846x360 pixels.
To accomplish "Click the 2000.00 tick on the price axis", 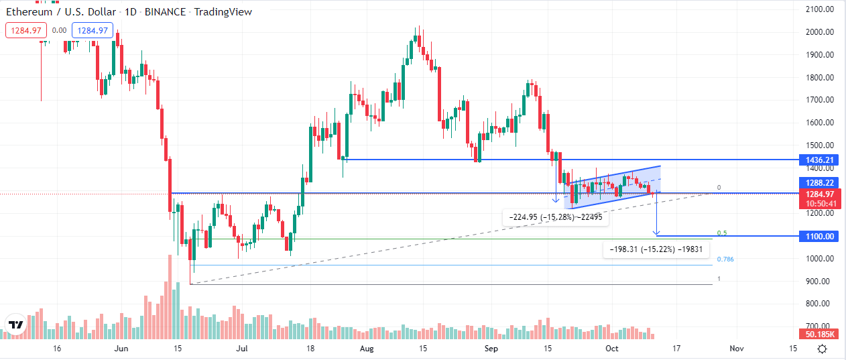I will [x=820, y=32].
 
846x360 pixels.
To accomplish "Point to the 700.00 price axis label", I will [x=820, y=326].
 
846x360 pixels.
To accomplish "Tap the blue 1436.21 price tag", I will [x=820, y=160].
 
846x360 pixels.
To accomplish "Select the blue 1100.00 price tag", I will [x=820, y=237].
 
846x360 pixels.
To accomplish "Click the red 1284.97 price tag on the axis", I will [x=820, y=194].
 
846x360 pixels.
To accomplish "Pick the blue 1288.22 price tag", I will [x=820, y=182].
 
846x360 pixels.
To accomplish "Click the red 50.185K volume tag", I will [x=820, y=334].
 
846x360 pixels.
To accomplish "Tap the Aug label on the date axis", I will [x=366, y=349].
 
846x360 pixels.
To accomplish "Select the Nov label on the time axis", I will [x=736, y=349].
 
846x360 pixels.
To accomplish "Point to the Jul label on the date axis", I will [x=243, y=349].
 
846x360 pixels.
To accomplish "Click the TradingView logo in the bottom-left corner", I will [x=16, y=325].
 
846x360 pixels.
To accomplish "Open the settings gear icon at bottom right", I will [x=822, y=349].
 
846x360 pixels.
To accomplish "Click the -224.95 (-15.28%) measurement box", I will [x=555, y=217].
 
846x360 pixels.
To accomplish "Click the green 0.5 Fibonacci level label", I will [x=722, y=233].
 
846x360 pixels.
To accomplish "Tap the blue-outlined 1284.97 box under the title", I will [x=94, y=30].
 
